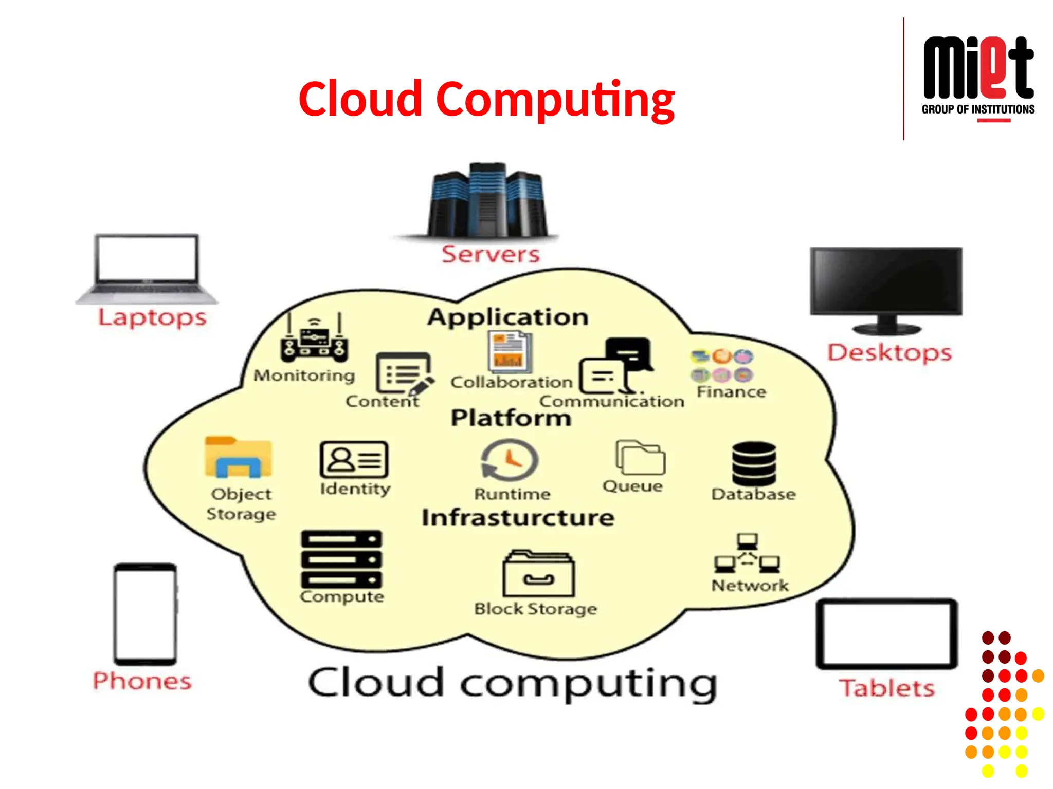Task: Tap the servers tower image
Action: coord(487,201)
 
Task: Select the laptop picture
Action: coord(147,269)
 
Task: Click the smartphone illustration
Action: coord(146,614)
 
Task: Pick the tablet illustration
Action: coord(886,633)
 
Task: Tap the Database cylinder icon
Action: coord(754,463)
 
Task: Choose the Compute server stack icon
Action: coord(341,559)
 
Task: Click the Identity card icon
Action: coord(354,459)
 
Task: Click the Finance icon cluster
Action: coord(722,366)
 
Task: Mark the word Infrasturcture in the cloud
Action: coord(518,518)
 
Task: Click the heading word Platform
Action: coord(511,418)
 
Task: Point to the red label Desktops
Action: coord(889,353)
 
